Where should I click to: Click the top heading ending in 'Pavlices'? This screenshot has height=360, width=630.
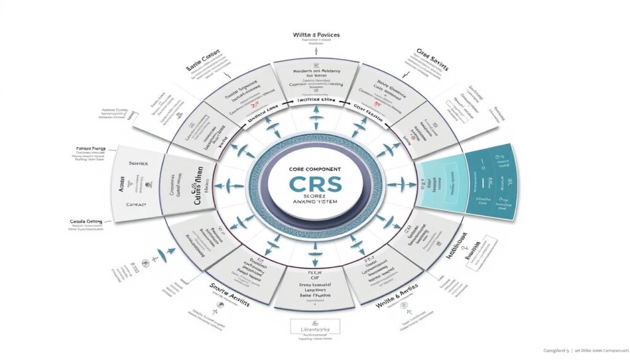316,36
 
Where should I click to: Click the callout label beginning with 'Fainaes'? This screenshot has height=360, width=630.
90,148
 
